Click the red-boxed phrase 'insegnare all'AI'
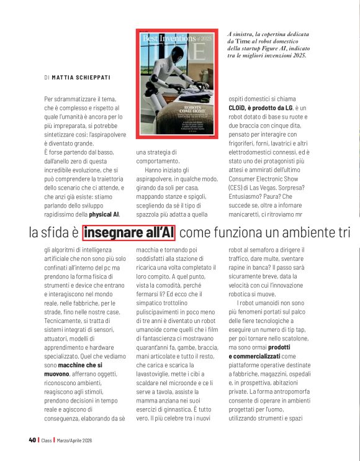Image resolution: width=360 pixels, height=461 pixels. coord(129,233)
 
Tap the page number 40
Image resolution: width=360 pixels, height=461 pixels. coord(32,440)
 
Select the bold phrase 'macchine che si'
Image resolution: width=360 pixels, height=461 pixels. coord(81,366)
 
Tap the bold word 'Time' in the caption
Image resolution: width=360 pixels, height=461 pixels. coord(244,40)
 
